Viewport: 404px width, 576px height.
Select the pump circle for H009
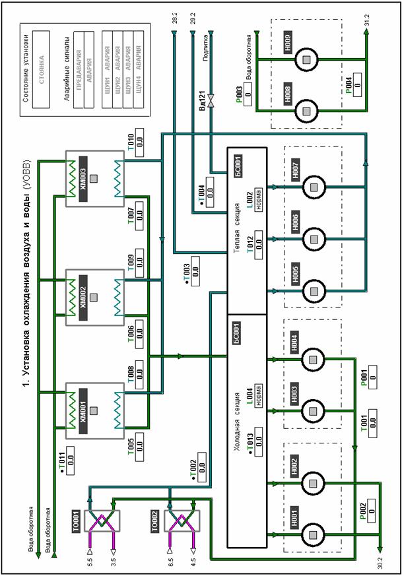click(306, 60)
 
